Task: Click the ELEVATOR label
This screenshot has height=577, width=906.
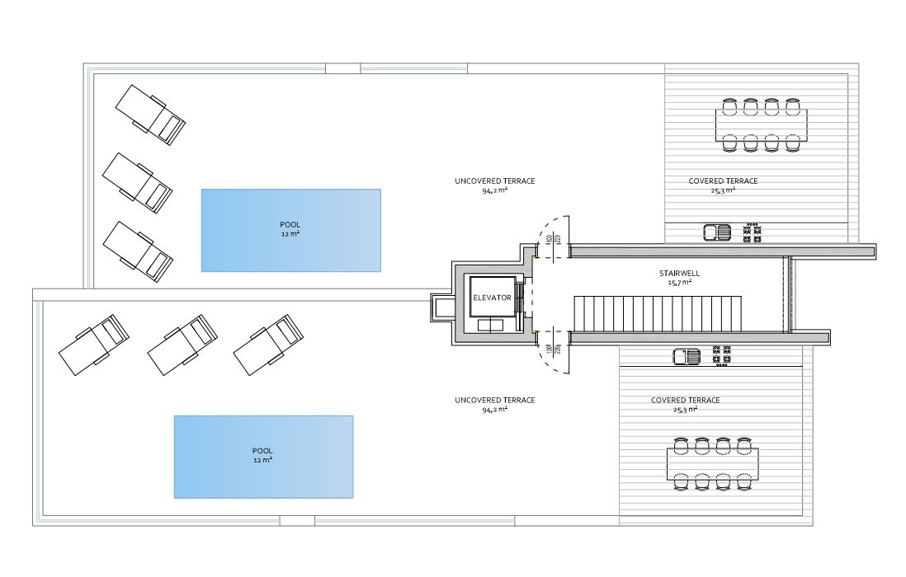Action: tap(493, 298)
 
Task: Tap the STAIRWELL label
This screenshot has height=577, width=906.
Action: tap(680, 274)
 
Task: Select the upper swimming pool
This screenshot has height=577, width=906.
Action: tap(290, 230)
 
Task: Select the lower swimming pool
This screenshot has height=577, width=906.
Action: tap(263, 457)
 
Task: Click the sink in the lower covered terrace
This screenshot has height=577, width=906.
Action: tap(687, 357)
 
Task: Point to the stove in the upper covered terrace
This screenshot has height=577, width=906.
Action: tap(752, 232)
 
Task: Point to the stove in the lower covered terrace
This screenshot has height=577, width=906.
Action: tap(721, 356)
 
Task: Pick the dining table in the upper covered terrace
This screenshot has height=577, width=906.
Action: tap(761, 125)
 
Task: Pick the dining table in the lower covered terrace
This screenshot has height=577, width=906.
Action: tap(712, 464)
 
